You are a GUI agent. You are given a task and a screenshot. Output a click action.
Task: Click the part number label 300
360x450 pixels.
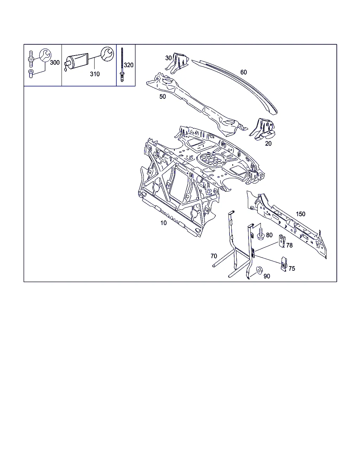(55, 63)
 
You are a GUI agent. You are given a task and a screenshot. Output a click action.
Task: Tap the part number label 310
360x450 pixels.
(95, 74)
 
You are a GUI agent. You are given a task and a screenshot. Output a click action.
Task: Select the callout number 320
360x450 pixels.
(129, 65)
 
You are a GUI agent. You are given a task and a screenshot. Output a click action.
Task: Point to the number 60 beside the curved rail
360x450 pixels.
(244, 72)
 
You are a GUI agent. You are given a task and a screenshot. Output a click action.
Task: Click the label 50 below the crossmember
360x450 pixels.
(162, 97)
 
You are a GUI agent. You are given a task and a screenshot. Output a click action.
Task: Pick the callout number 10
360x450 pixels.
(163, 223)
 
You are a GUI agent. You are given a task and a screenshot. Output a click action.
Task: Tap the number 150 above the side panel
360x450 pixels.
(301, 214)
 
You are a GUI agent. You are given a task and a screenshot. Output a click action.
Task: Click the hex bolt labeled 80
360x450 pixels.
(261, 233)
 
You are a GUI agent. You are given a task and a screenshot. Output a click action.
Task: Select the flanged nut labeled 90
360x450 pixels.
(259, 271)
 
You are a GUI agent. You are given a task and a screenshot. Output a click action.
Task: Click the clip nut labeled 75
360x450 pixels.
(284, 264)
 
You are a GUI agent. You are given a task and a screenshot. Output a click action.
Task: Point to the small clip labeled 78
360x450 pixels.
(282, 241)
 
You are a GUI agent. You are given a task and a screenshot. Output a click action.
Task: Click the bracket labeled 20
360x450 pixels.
(263, 129)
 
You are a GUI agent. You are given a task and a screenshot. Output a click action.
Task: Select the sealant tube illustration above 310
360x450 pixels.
(77, 62)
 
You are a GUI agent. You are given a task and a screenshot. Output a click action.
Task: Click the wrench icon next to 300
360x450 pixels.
(45, 55)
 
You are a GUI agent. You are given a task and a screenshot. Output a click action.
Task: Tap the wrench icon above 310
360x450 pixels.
(107, 54)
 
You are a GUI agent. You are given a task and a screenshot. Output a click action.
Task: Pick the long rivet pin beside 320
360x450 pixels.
(122, 65)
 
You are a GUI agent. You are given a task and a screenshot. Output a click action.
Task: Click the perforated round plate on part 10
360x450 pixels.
(212, 160)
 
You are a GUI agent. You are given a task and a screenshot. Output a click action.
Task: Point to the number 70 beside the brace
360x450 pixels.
(214, 256)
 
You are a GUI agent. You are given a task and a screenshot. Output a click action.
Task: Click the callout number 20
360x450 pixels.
(268, 143)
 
